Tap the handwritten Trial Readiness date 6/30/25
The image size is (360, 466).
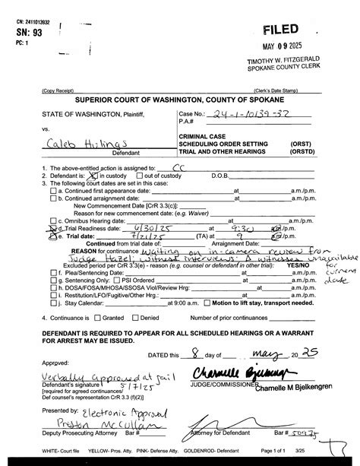click(147, 227)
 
